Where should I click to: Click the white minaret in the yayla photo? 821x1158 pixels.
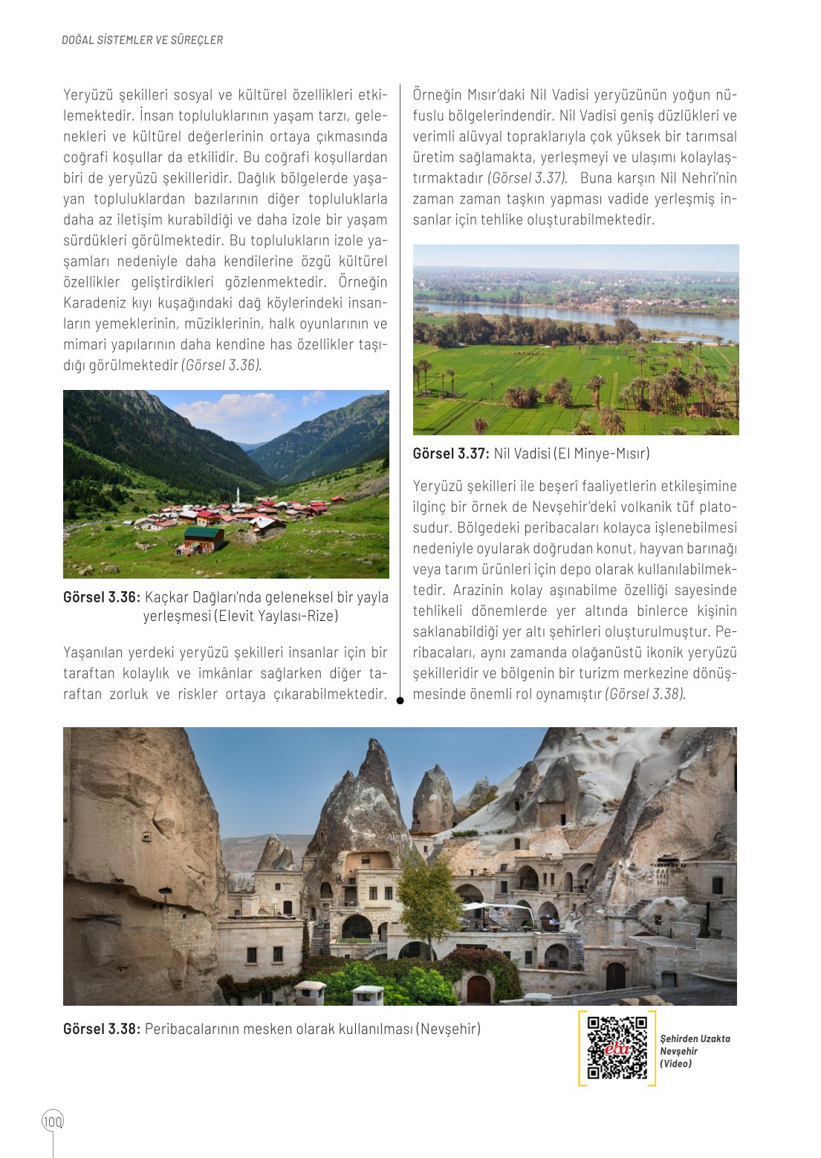coord(237,496)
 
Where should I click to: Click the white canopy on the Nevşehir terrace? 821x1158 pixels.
coord(497,908)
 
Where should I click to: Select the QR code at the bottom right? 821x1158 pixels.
coord(617,1047)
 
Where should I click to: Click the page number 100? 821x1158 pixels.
coord(53,1121)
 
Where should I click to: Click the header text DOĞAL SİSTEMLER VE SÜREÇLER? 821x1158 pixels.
coord(142,40)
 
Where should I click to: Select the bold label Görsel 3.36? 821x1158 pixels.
coord(101,597)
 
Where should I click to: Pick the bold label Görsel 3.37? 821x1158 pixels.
coord(451,453)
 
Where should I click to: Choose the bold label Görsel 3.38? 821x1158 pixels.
coord(101,1029)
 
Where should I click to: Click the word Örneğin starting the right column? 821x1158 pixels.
coord(437,95)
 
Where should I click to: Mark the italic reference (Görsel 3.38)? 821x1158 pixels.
coord(645,694)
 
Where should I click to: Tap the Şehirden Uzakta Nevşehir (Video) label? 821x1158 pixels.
coord(695,1051)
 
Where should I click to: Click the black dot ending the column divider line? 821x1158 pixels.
coord(400,700)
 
